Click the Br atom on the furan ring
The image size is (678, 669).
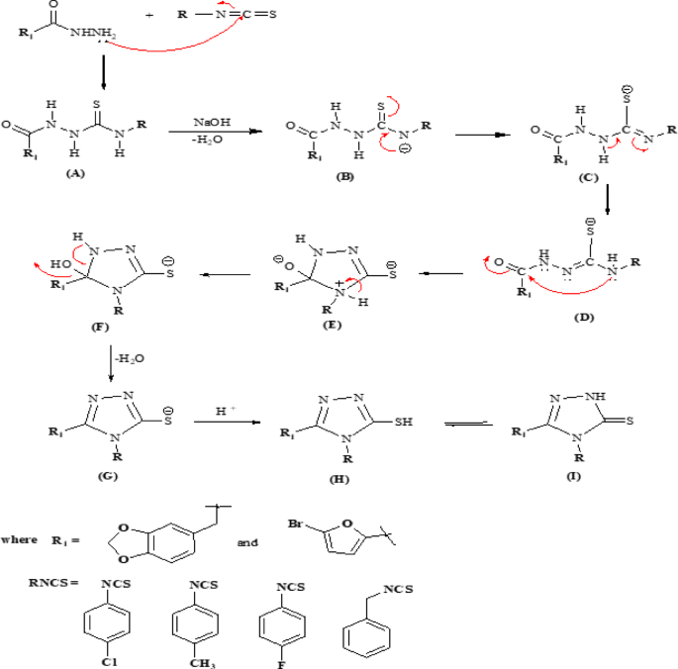[293, 518]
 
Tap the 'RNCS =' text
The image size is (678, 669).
[51, 582]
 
